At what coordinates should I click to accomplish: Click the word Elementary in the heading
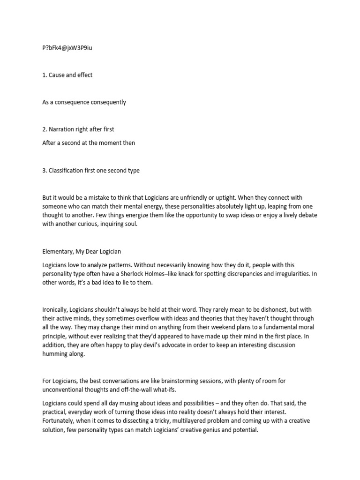[x=59, y=252]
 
